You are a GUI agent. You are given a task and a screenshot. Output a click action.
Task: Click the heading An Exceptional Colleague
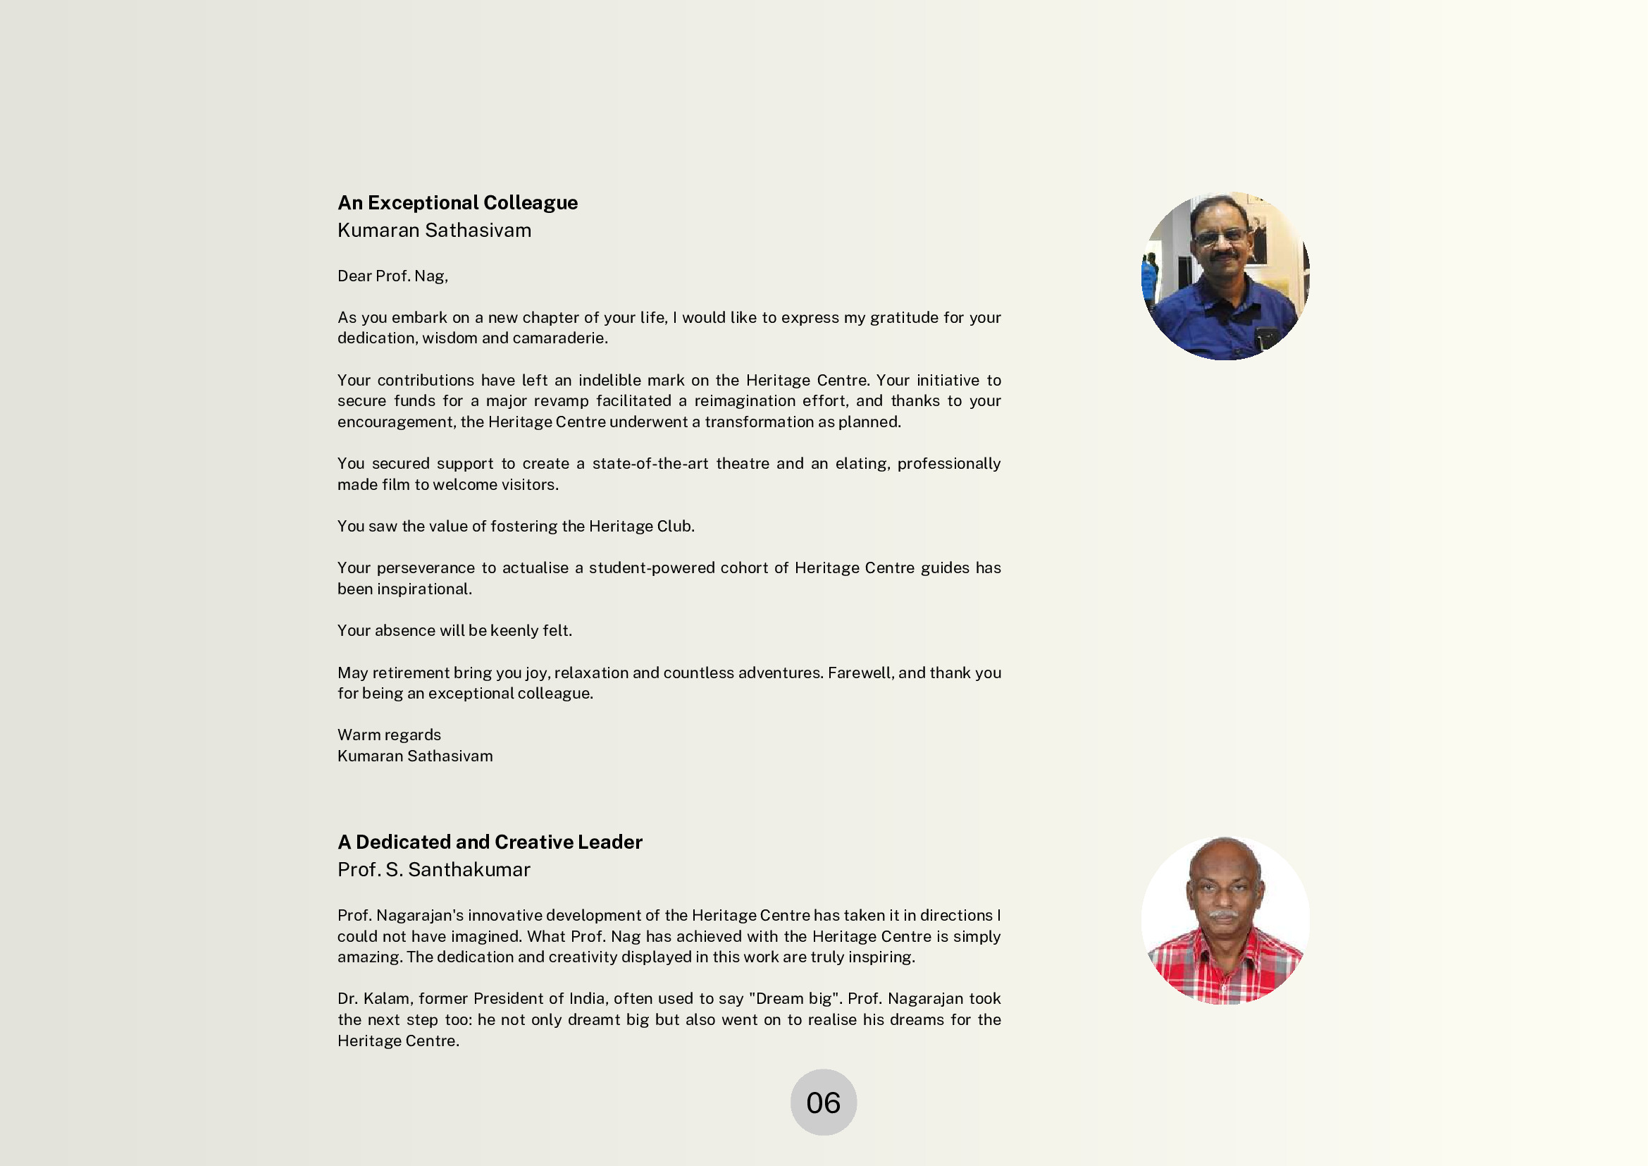[x=457, y=202]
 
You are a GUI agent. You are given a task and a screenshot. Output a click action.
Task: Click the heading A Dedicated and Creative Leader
[x=490, y=842]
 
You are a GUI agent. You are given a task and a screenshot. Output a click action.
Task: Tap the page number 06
[x=823, y=1103]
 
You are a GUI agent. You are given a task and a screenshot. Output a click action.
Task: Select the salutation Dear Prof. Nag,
[x=392, y=276]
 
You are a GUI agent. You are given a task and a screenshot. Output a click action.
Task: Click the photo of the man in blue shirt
[x=1225, y=276]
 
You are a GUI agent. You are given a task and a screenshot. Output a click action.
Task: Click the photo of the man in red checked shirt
[x=1225, y=921]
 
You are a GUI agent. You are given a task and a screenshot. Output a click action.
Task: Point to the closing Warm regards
[x=389, y=735]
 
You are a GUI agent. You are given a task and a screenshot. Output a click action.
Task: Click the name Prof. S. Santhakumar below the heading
[x=433, y=869]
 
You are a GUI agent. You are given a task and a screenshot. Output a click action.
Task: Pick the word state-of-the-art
[x=650, y=464]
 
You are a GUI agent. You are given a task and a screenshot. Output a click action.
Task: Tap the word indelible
[x=609, y=381]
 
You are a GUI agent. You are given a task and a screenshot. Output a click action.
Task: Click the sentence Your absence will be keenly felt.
[x=454, y=630]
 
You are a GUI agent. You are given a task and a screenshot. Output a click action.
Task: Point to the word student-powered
[x=650, y=568]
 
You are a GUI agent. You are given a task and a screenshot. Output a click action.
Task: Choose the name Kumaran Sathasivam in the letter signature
[x=415, y=756]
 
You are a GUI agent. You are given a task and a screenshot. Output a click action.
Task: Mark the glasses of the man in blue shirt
[x=1221, y=235]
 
